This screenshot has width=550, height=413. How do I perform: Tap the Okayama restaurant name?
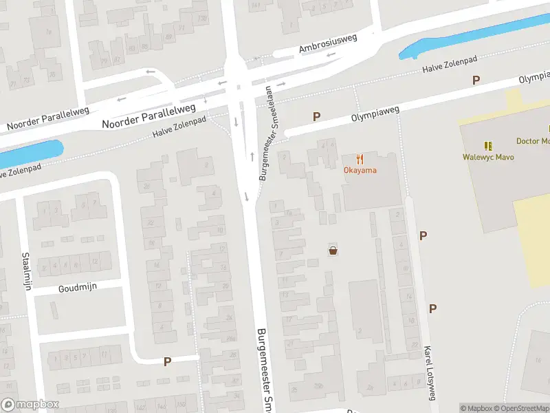pyautogui.click(x=360, y=170)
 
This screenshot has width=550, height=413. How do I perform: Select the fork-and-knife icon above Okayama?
pyautogui.click(x=360, y=159)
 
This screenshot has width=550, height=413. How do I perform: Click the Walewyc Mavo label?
pyautogui.click(x=488, y=157)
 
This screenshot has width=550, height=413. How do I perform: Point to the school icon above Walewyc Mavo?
pyautogui.click(x=488, y=146)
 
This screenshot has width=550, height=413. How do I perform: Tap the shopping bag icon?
pyautogui.click(x=333, y=251)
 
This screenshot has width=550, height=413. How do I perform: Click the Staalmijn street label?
pyautogui.click(x=27, y=271)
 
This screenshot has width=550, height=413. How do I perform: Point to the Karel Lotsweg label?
pyautogui.click(x=431, y=372)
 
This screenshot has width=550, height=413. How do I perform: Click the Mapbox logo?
pyautogui.click(x=30, y=405)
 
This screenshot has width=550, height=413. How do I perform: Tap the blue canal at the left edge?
pyautogui.click(x=31, y=154)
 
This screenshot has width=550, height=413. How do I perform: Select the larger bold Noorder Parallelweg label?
pyautogui.click(x=148, y=116)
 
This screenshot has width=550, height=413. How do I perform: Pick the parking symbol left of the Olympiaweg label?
pyautogui.click(x=316, y=116)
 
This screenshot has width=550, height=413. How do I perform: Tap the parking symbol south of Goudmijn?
pyautogui.click(x=167, y=361)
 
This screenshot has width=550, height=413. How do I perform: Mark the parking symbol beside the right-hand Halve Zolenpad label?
pyautogui.click(x=476, y=81)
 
